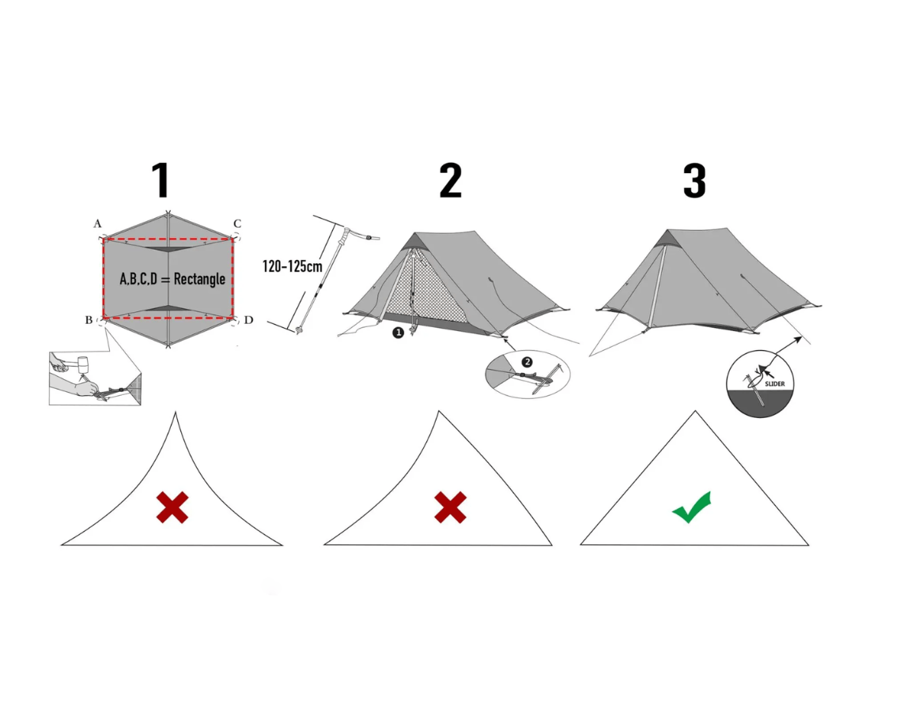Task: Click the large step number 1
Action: click(161, 181)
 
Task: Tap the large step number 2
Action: click(450, 181)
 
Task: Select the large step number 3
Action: click(694, 181)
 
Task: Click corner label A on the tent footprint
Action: click(97, 224)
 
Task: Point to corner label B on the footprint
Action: click(89, 319)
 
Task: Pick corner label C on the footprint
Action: click(236, 224)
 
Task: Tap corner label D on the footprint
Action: click(248, 320)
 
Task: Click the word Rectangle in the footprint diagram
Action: click(199, 279)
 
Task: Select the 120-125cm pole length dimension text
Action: click(292, 266)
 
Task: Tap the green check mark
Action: click(692, 507)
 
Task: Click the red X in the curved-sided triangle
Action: click(172, 507)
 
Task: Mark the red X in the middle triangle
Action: click(450, 507)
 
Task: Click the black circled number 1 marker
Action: click(398, 333)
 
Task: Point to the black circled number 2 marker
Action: click(527, 361)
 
